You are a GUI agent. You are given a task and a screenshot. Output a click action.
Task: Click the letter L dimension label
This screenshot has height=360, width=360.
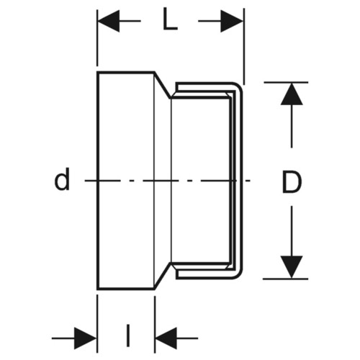click(x=170, y=19)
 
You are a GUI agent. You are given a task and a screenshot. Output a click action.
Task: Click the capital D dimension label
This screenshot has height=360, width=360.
click(x=292, y=181)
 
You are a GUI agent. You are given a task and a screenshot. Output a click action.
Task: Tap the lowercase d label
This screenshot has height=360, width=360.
click(x=62, y=179)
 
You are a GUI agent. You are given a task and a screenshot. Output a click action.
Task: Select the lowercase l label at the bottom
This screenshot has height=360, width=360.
click(x=128, y=336)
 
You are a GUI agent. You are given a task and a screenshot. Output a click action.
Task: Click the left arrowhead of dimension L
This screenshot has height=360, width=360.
click(x=109, y=21)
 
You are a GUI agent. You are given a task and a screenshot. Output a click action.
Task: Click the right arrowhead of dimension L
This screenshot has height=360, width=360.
click(x=232, y=21)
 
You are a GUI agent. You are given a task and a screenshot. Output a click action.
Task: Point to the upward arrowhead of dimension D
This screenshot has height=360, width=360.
click(x=292, y=94)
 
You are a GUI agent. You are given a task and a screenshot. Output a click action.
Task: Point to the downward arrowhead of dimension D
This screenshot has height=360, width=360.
click(x=292, y=267)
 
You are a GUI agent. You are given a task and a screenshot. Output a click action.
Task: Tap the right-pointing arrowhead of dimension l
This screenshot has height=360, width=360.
click(x=85, y=338)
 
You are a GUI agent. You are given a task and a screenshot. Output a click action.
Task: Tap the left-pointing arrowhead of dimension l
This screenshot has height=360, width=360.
click(x=166, y=338)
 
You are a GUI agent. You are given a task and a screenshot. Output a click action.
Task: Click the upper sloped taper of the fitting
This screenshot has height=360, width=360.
click(x=163, y=85)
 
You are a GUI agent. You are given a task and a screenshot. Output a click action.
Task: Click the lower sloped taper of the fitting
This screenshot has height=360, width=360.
click(x=163, y=276)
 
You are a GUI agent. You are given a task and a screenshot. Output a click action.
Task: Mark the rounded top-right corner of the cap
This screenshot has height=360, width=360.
click(x=240, y=86)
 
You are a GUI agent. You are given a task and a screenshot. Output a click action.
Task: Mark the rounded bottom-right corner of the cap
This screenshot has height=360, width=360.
click(x=240, y=275)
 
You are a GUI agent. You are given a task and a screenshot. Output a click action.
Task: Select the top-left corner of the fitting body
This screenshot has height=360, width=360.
click(x=98, y=72)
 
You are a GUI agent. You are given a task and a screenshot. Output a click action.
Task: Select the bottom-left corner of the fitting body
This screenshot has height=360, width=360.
click(x=98, y=289)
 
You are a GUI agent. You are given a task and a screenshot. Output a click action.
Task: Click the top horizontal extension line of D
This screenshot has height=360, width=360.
click(x=286, y=82)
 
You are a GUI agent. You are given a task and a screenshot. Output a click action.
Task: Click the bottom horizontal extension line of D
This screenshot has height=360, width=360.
click(x=285, y=279)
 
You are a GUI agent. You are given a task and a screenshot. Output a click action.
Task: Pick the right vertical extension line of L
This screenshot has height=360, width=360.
click(x=244, y=46)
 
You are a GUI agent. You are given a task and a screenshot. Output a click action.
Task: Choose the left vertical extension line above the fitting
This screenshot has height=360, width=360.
click(x=97, y=37)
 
